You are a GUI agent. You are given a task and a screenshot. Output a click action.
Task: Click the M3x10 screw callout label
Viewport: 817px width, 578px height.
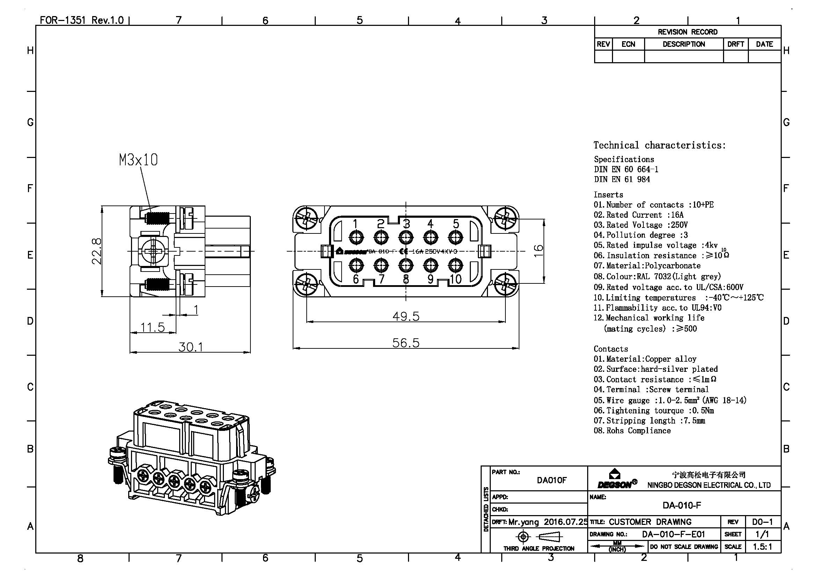click(138, 160)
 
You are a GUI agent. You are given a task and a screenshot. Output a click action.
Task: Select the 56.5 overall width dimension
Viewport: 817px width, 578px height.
click(406, 343)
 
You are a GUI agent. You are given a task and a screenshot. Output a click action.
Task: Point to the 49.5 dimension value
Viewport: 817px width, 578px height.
click(406, 316)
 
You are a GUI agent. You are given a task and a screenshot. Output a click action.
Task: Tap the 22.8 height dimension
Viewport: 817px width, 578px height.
click(97, 251)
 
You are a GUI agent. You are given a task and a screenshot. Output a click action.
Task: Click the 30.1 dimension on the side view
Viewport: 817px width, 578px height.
click(190, 347)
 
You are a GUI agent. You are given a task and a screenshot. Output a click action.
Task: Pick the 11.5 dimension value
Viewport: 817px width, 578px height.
click(153, 327)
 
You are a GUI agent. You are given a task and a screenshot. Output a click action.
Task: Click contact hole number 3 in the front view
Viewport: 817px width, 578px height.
click(406, 237)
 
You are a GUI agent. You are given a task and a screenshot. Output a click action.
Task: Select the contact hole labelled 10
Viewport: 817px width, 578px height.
click(455, 265)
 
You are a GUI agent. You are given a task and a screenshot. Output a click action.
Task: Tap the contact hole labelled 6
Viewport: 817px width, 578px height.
click(356, 265)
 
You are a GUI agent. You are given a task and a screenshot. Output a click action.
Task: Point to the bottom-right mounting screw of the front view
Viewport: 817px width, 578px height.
click(505, 284)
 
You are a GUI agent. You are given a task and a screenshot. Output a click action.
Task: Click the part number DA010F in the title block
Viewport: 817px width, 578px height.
click(551, 480)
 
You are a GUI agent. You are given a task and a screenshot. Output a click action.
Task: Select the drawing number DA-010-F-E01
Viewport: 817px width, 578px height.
click(673, 534)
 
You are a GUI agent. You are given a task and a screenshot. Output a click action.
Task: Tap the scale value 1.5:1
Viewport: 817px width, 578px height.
click(762, 546)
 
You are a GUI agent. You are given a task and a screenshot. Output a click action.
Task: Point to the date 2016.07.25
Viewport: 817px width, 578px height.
click(566, 522)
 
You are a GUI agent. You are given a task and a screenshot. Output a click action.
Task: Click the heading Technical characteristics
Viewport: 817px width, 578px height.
click(659, 145)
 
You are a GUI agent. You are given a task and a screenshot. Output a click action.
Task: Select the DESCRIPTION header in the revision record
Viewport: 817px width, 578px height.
click(684, 44)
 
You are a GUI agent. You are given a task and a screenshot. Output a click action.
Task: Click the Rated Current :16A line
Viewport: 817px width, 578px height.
click(639, 215)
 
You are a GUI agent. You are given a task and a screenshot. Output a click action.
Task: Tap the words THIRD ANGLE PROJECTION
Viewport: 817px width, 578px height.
click(539, 548)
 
